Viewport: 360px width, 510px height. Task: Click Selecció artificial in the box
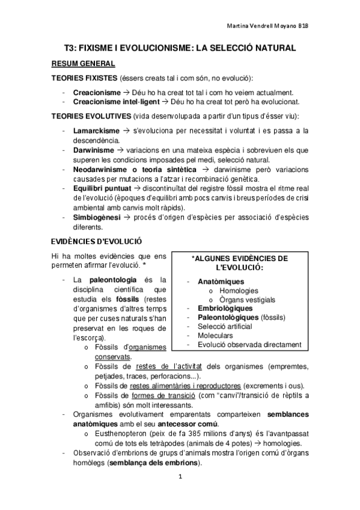point(225,327)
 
